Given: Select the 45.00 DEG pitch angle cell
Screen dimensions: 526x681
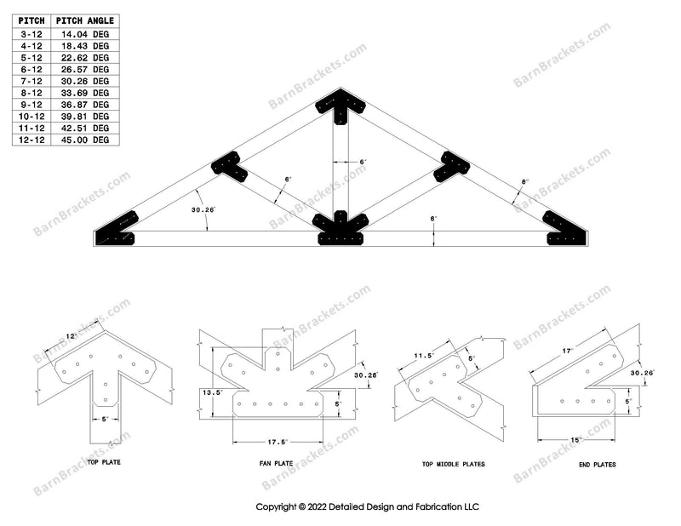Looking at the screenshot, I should click(89, 139).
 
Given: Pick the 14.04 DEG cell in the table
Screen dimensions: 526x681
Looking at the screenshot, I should click(89, 32).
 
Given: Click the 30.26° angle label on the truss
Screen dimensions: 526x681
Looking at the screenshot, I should click(203, 209).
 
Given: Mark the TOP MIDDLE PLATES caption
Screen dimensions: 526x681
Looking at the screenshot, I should click(453, 465).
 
